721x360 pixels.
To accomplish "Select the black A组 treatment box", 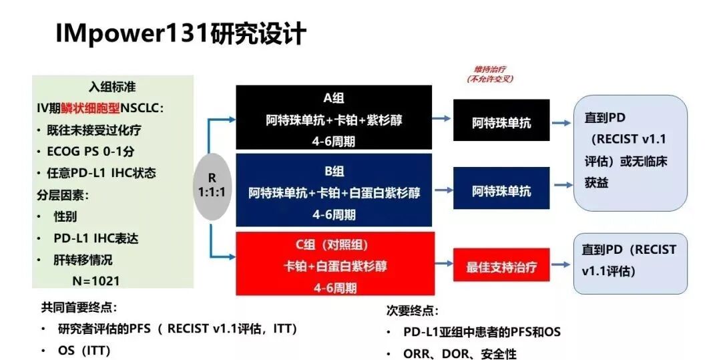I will click(334, 119).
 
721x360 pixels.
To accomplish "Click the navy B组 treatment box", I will click(334, 192).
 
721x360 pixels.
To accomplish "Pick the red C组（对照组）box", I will click(334, 264).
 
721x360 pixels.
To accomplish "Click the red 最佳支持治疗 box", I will click(501, 267).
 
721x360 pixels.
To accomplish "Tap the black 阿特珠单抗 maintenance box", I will click(501, 123).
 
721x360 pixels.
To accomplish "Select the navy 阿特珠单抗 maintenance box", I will click(501, 191).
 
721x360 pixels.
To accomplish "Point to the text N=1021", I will click(100, 281).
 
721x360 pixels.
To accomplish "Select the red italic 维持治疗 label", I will click(489, 69).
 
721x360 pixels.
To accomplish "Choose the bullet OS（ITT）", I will click(84, 350).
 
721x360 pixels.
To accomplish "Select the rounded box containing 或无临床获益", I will click(630, 152).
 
